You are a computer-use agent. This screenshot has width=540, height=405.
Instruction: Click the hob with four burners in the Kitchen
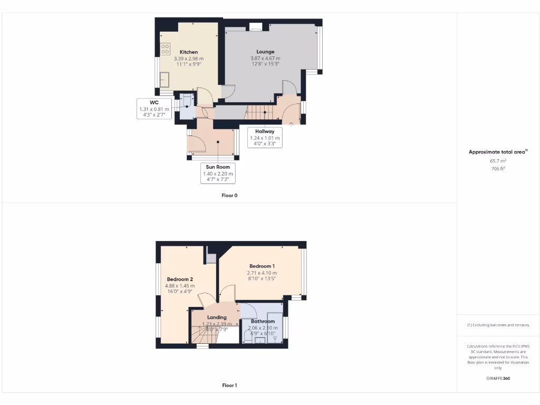tap(165, 49)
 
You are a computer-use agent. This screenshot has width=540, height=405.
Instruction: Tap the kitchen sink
tap(165, 79)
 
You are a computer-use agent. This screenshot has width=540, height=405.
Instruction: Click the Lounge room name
tap(265, 52)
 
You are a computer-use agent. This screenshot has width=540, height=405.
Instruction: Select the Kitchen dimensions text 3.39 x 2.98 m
tap(189, 58)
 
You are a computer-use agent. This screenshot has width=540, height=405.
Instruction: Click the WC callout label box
tap(154, 109)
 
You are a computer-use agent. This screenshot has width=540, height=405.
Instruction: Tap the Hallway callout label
tap(265, 138)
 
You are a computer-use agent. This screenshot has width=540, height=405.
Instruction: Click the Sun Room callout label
tap(217, 173)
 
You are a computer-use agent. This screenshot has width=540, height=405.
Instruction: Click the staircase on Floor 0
tap(258, 112)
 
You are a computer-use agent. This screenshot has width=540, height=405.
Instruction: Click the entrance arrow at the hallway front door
tap(291, 123)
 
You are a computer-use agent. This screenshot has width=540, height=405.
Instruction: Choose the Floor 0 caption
tap(229, 195)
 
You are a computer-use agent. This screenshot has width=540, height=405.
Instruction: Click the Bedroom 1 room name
tap(262, 266)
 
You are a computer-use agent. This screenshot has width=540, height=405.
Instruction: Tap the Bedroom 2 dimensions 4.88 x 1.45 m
tap(180, 286)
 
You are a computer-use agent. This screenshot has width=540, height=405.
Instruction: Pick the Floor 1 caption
tap(229, 385)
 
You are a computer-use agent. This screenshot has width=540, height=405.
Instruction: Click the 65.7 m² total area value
tap(498, 160)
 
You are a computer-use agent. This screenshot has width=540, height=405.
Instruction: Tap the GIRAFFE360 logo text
tap(498, 378)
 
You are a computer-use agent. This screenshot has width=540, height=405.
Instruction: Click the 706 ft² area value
tap(498, 168)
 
